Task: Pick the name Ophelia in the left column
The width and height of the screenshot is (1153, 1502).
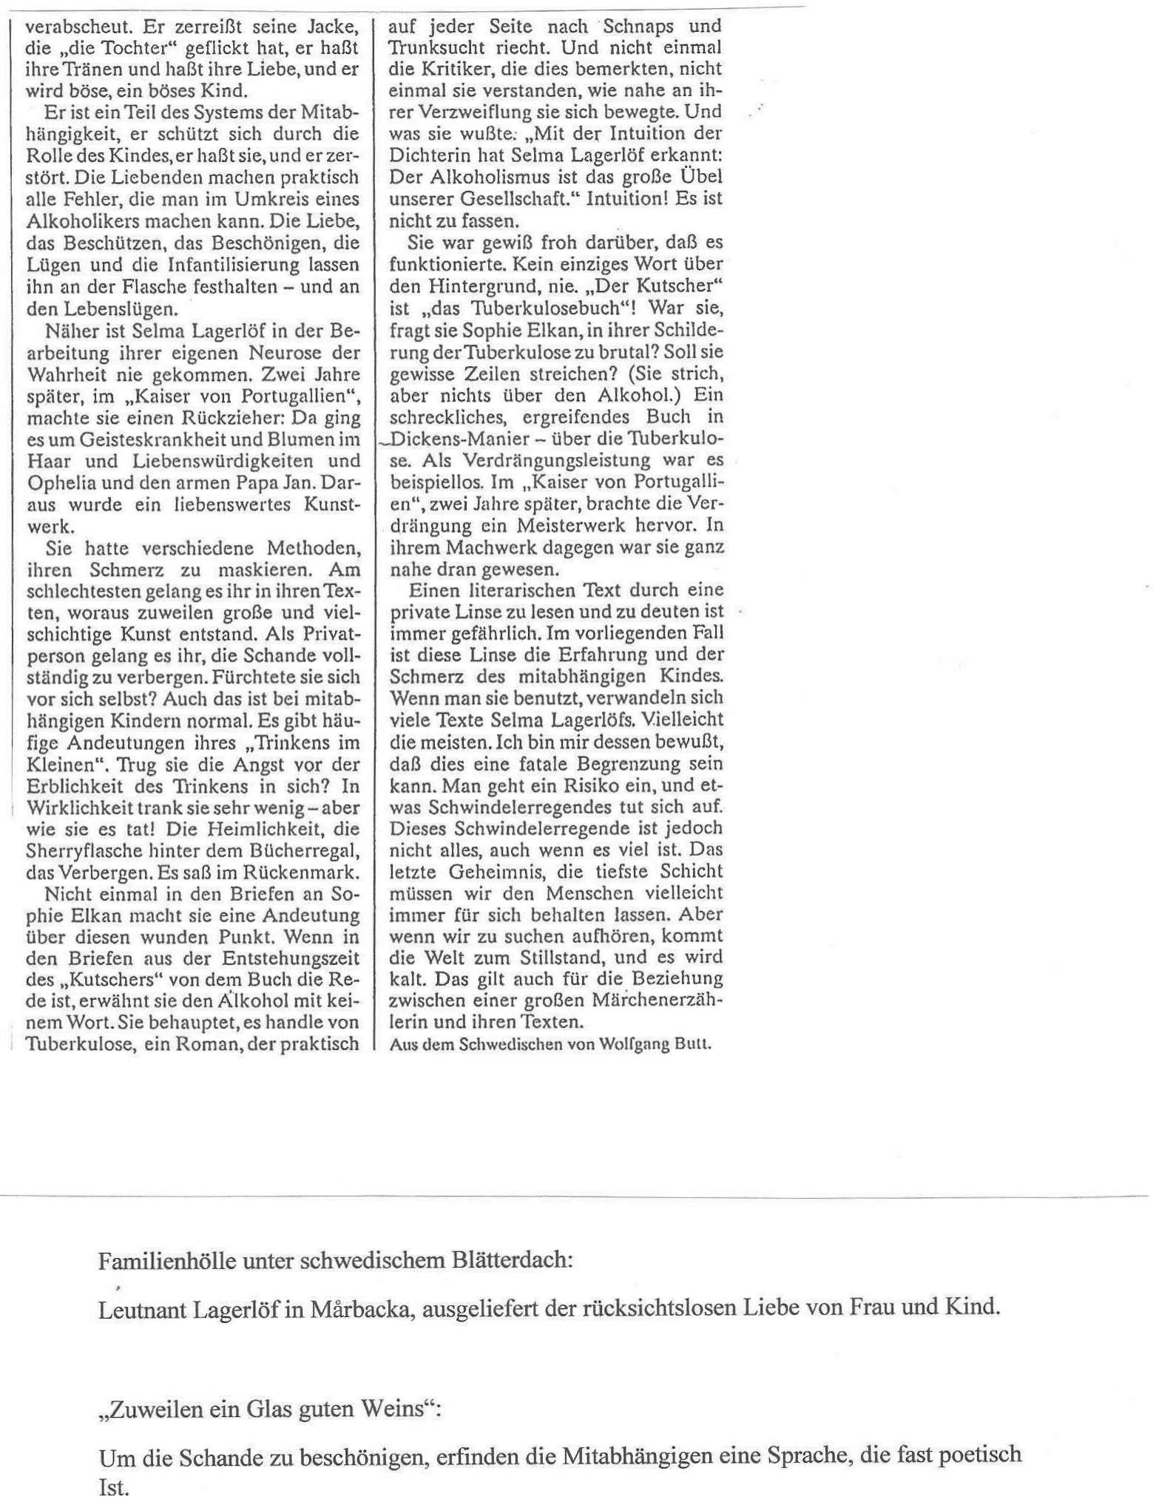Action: (x=59, y=482)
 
